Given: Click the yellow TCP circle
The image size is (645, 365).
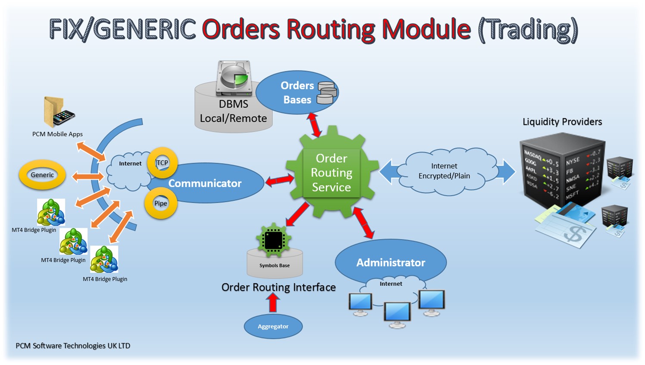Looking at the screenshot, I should (162, 163).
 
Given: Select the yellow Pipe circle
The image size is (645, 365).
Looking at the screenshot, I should (161, 203).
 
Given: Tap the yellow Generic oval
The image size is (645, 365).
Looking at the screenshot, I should (42, 175).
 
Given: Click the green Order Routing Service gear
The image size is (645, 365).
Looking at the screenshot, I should (331, 173).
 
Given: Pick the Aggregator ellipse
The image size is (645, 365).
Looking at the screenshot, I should (273, 326).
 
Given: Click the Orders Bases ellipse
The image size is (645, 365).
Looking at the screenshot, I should (297, 93).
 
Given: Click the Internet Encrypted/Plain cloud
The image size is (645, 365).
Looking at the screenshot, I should (444, 171).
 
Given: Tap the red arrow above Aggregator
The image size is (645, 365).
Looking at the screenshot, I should (273, 302).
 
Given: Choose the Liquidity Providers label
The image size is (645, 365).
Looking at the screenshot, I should (562, 122).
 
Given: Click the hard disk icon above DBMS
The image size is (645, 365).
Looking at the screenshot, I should (234, 78).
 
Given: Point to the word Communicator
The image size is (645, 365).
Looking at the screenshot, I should (205, 183).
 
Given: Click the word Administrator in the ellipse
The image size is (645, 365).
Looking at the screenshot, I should (390, 263).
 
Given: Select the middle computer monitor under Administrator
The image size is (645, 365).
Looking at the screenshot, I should (397, 313).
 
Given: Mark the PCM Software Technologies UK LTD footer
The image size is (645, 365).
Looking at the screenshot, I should (73, 346).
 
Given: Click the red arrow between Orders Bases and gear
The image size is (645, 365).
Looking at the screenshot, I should (314, 124).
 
